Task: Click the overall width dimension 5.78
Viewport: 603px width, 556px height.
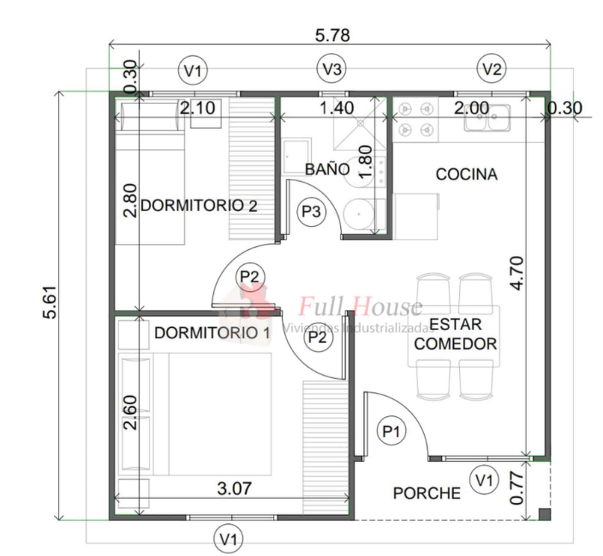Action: (332, 36)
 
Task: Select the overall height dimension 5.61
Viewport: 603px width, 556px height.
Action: (50, 302)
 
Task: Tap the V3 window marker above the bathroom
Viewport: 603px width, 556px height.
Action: (331, 69)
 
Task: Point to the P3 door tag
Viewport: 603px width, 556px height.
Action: (311, 212)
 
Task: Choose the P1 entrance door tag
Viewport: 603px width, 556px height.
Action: (391, 431)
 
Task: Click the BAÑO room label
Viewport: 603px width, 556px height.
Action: (327, 169)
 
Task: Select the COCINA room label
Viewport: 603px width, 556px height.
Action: (466, 174)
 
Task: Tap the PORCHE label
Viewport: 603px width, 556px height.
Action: (427, 494)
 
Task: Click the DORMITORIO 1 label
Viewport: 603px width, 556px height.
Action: (212, 333)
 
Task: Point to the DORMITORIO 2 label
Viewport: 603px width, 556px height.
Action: (198, 206)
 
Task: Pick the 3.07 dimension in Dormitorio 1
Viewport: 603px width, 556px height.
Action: (234, 489)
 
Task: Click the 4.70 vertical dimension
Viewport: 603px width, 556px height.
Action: (518, 273)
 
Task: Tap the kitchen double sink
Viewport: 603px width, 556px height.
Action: (487, 118)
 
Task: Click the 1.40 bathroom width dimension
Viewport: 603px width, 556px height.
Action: (336, 108)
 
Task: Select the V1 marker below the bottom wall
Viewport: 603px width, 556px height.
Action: (228, 539)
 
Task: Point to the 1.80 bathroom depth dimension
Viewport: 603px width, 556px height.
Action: (365, 162)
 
